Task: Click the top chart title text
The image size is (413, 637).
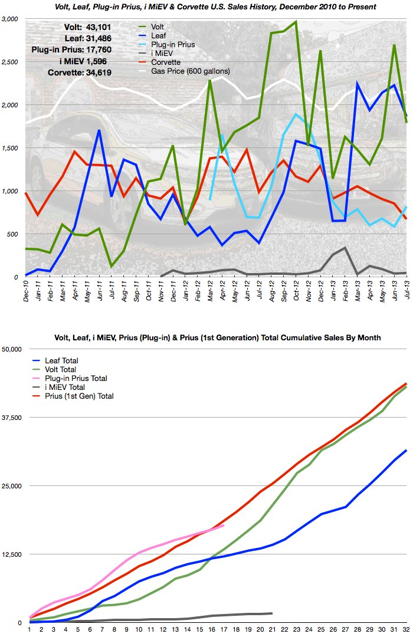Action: (206, 6)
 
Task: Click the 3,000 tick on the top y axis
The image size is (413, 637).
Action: (11, 19)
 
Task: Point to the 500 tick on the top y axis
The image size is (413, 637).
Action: (14, 234)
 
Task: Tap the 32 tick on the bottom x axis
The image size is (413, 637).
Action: (406, 629)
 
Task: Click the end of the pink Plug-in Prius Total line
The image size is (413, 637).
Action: (224, 526)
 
